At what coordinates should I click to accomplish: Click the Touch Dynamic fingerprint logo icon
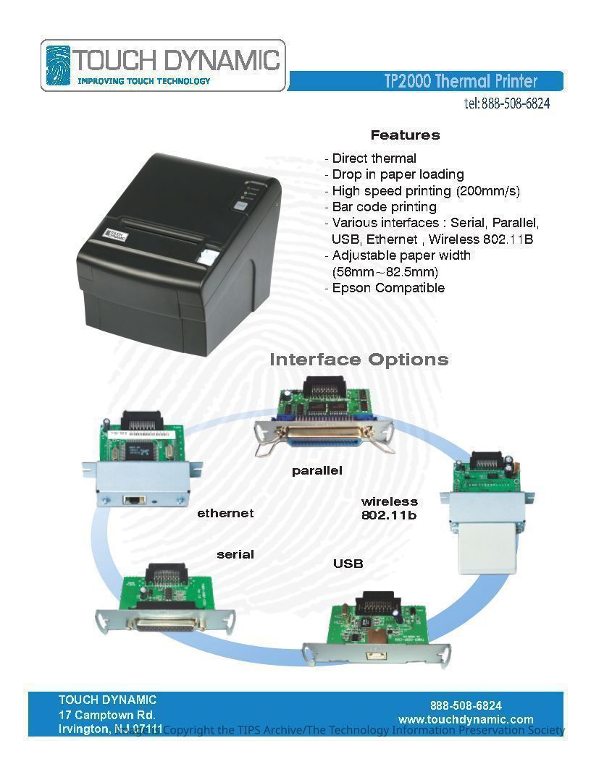(x=58, y=66)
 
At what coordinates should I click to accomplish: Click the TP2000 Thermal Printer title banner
(x=461, y=80)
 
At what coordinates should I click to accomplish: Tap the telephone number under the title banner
(x=506, y=103)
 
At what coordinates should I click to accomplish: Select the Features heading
(x=405, y=135)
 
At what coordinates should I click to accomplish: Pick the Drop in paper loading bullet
(x=394, y=174)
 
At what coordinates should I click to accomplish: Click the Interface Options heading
(x=359, y=360)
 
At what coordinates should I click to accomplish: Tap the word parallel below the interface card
(x=317, y=471)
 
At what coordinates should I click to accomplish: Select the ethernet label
(x=225, y=514)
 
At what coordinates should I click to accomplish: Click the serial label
(x=235, y=555)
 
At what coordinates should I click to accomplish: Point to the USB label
(x=348, y=564)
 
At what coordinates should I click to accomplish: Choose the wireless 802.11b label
(x=390, y=509)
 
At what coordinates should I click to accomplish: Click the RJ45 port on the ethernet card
(x=133, y=499)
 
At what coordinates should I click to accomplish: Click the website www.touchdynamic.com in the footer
(x=466, y=720)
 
